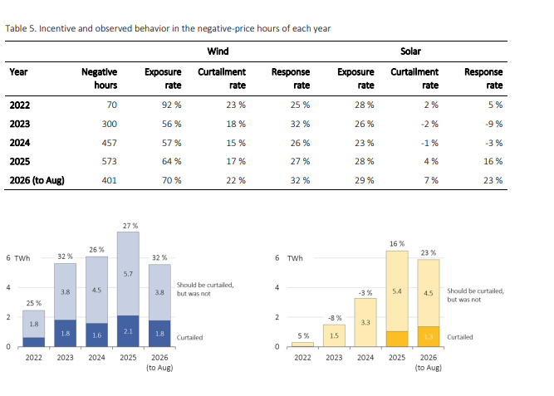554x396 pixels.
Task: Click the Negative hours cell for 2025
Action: tap(109, 161)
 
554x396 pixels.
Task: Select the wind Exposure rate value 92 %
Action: tap(171, 105)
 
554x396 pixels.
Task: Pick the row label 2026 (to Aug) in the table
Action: tap(37, 180)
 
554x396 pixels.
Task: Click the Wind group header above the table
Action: tap(218, 51)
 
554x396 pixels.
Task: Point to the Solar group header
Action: tap(410, 51)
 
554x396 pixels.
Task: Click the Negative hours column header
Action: tap(100, 78)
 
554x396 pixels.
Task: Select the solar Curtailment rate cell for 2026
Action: tap(431, 180)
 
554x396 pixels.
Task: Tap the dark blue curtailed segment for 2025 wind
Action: tap(128, 331)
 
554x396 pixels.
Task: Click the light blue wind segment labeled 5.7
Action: tap(128, 274)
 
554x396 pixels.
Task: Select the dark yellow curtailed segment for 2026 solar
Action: tap(429, 336)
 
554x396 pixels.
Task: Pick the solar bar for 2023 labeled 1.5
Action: tap(334, 335)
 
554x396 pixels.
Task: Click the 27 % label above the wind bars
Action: tap(130, 226)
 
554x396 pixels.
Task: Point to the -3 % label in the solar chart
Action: tap(365, 293)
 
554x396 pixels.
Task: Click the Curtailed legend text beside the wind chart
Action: tap(189, 337)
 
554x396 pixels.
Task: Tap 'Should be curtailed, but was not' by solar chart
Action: tap(476, 295)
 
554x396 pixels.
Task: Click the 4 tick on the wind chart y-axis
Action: tap(8, 287)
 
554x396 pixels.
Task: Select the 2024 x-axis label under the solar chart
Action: tap(365, 358)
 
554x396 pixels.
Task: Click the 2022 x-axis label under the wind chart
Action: tap(33, 358)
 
